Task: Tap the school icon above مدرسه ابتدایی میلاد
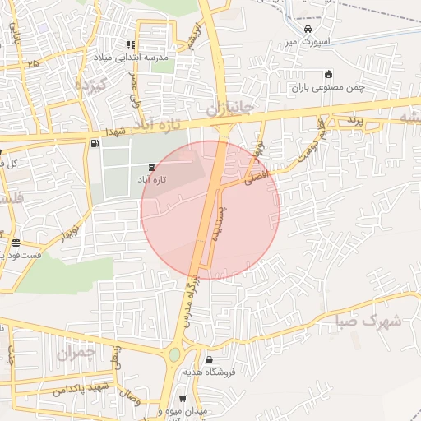130,45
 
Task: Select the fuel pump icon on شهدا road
95,145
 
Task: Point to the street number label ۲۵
32,62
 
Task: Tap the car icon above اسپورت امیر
307,29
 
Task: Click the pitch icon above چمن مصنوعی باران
329,73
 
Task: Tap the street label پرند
354,121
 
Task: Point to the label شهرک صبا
370,321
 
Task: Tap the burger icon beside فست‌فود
16,243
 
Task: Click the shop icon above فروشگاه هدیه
210,360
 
